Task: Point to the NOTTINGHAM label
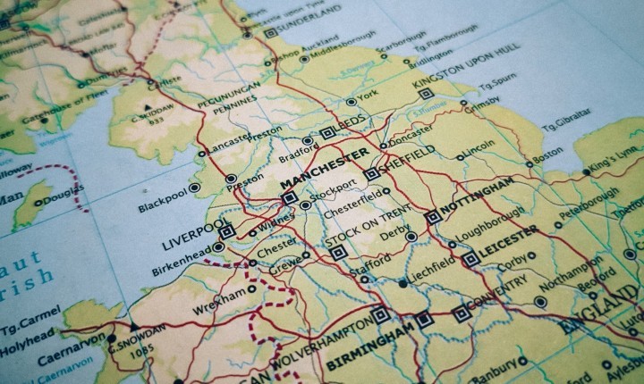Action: (479, 196)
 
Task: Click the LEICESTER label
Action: (507, 240)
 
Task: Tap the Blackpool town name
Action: (168, 200)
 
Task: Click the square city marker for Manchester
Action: (288, 199)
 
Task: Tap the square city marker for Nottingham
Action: (433, 216)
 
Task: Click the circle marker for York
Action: (352, 102)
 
